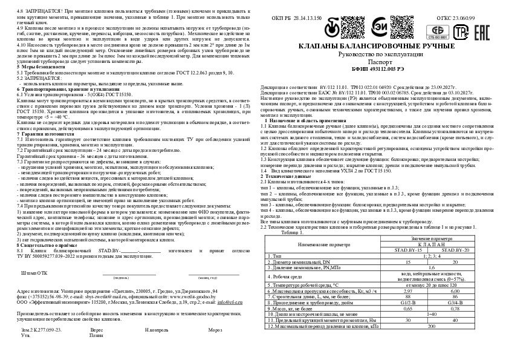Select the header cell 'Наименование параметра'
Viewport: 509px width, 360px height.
point(324,244)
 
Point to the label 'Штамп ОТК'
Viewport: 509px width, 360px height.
point(34,273)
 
